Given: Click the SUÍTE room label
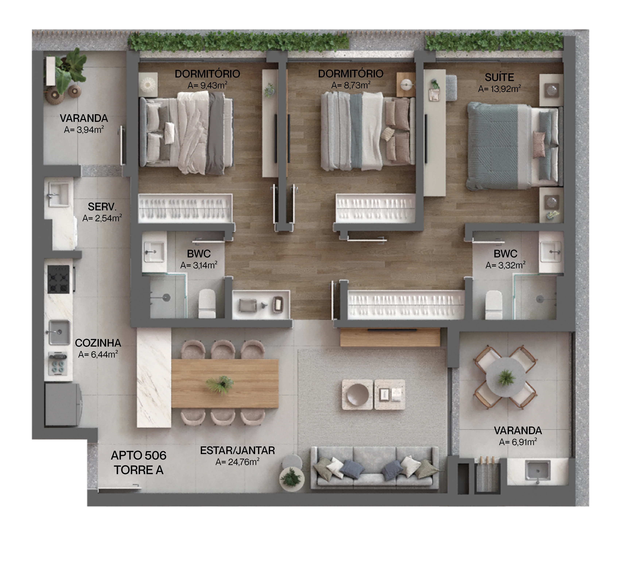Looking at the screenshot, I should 499,77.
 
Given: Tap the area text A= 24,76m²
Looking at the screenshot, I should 237,462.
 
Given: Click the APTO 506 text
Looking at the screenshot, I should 139,456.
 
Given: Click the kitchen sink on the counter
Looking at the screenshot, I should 59,332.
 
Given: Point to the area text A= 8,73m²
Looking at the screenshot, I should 351,85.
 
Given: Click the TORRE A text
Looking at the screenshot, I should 138,470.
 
